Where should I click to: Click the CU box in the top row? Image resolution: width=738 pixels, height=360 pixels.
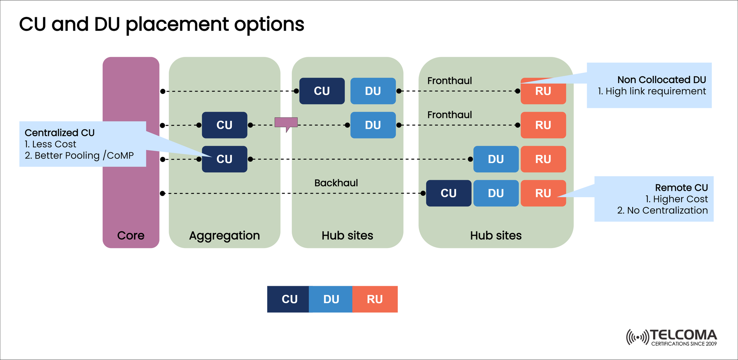(x=322, y=91)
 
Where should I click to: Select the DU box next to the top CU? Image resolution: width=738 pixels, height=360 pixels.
(x=373, y=91)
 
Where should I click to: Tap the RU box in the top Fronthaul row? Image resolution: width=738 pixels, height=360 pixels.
(x=543, y=92)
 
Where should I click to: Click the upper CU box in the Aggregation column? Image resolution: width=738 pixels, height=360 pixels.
(x=224, y=125)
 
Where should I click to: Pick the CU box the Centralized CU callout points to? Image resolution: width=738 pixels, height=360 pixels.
(x=224, y=159)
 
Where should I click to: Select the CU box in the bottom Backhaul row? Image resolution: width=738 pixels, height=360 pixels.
(x=449, y=193)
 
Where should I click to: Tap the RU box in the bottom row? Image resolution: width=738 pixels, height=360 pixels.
(x=543, y=193)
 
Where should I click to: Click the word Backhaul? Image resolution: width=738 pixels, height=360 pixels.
(x=336, y=183)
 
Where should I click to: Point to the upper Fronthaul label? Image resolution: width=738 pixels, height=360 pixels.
(x=449, y=81)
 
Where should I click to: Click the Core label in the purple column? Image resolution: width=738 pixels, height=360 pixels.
(x=131, y=235)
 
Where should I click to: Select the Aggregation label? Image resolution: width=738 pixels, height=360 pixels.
(x=224, y=235)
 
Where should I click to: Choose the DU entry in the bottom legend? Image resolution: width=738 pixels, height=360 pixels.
(x=331, y=299)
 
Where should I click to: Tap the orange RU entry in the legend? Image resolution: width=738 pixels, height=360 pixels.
(x=375, y=299)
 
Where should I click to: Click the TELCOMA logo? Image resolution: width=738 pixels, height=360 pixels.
(x=672, y=337)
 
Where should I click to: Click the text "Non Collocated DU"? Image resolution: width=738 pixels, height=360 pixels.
(x=661, y=80)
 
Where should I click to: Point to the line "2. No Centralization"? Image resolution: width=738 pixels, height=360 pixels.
(x=662, y=210)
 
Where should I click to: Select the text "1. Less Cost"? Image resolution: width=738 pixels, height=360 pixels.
(x=50, y=144)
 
